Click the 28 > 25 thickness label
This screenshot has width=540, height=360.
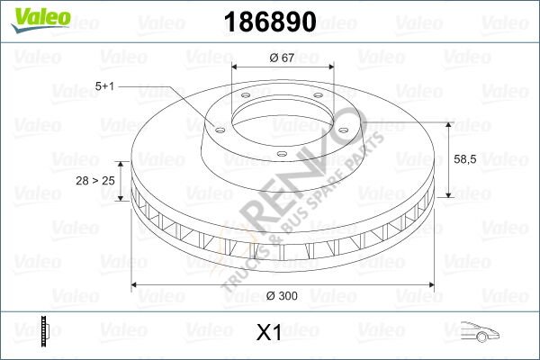[96, 181]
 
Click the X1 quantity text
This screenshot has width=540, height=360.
[270, 333]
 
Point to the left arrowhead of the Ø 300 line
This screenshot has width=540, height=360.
[137, 284]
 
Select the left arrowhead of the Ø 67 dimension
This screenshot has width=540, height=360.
[237, 67]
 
